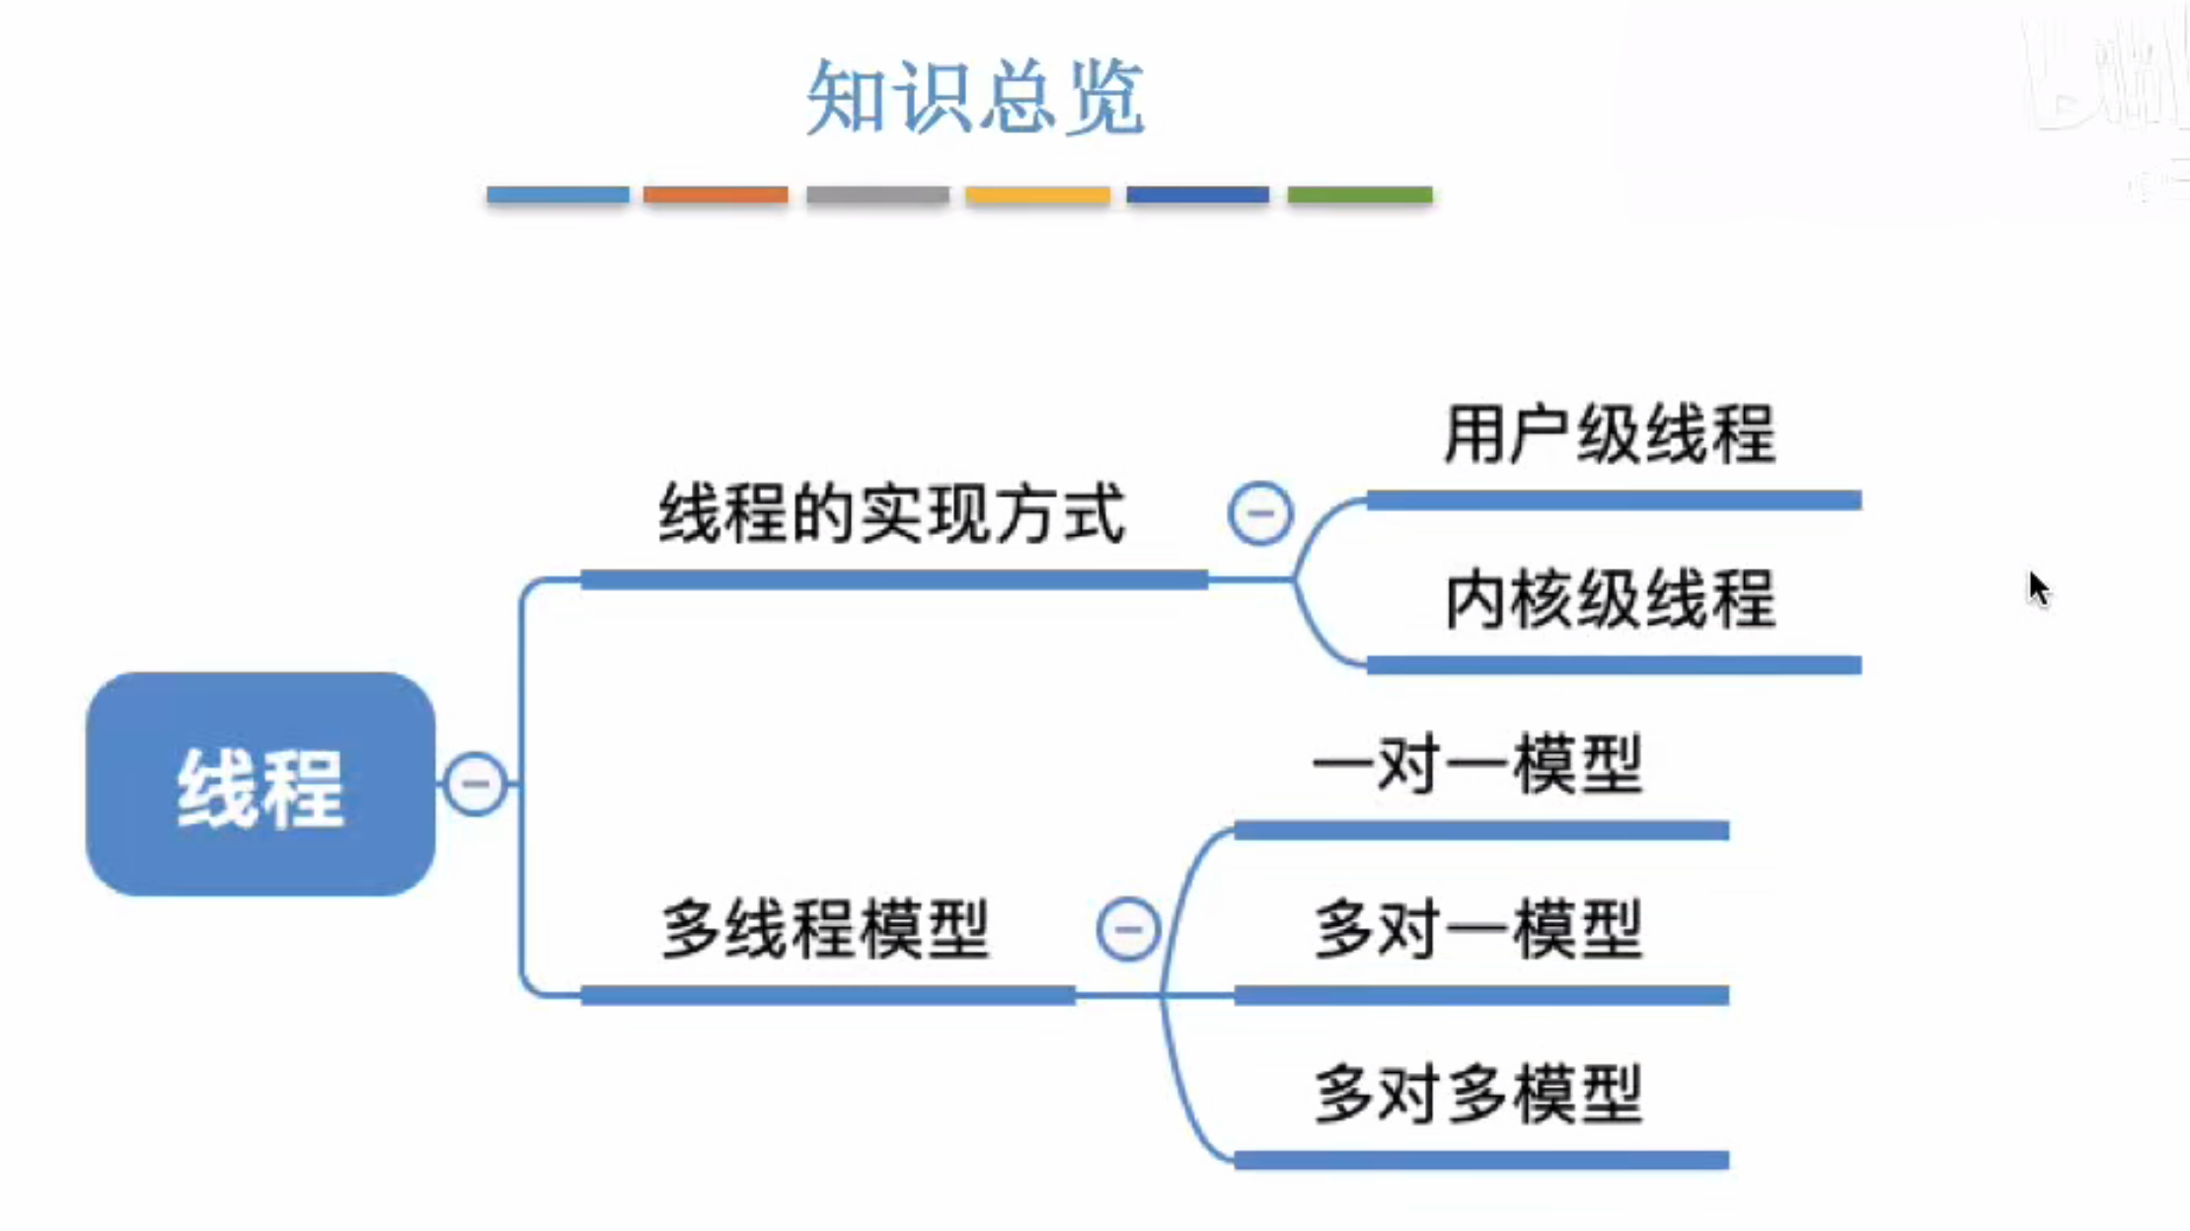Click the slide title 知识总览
coord(975,97)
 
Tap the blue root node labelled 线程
coord(261,785)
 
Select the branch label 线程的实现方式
coord(892,514)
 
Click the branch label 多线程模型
coord(825,929)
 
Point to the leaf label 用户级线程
coord(1610,434)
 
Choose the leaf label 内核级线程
coord(1610,599)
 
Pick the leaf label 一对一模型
coord(1478,764)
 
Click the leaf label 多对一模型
coord(1478,929)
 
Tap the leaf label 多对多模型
coord(1478,1094)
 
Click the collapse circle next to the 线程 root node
coord(476,784)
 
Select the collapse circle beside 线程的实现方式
coord(1260,513)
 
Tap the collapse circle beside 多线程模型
coord(1128,929)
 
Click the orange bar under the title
coord(716,194)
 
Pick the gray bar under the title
coord(877,194)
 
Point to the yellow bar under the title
coord(1037,194)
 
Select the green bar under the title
coord(1360,194)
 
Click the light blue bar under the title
coord(558,194)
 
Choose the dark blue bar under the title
coord(1198,194)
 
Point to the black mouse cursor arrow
coord(2038,588)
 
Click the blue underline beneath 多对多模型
coord(1480,1160)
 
